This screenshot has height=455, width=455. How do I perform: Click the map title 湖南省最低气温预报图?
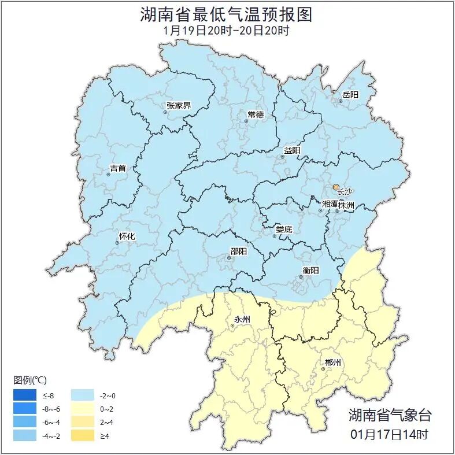pos(226,14)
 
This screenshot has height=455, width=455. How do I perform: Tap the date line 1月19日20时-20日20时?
pos(226,31)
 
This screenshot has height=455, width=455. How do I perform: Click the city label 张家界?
pos(178,105)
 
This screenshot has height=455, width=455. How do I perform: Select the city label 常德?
pos(255,114)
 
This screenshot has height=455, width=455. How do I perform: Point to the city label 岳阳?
pos(350,95)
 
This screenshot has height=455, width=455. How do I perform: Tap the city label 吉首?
pos(117,168)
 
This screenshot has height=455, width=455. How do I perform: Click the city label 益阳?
pos(292,150)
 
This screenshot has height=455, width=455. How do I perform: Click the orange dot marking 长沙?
pos(336,187)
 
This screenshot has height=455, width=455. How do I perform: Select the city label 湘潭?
pos(330,204)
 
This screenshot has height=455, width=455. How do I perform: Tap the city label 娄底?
pos(283,229)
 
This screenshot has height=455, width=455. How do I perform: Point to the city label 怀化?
pos(127,236)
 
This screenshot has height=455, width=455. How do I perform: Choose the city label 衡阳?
pos(310,270)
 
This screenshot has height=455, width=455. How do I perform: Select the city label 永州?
pos(242,319)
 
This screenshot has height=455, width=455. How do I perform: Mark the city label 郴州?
pos(333,362)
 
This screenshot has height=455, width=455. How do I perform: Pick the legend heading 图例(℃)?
pos(30,380)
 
